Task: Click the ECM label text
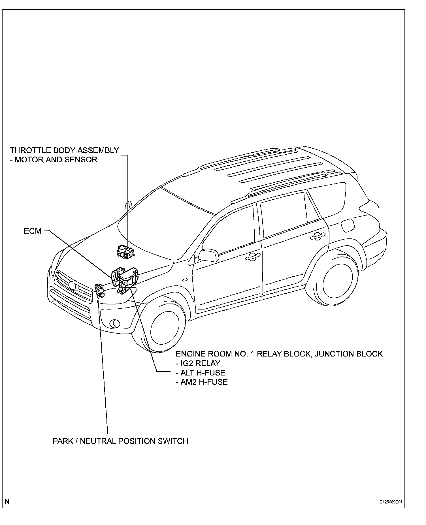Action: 33,231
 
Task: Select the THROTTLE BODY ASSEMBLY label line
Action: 65,150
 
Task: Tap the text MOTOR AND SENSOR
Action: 56,160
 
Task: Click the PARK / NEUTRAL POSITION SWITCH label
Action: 120,441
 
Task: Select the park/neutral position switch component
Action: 99,291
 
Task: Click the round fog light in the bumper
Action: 115,323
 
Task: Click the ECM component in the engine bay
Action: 125,276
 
